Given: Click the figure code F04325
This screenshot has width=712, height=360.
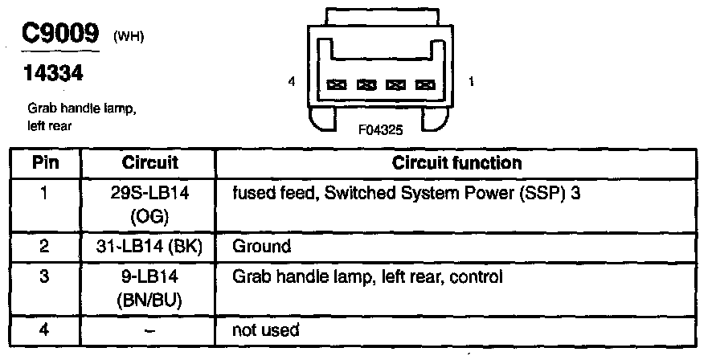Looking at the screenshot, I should pos(380,129).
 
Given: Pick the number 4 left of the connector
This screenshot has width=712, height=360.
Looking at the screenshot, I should pos(292,81).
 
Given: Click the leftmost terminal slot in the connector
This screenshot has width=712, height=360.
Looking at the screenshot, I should pos(338,84).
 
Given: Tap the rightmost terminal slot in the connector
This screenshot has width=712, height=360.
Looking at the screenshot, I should pos(424,84).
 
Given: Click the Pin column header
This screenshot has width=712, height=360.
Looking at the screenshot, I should pos(46,163).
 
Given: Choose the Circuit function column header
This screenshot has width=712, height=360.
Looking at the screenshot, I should pos(456,163).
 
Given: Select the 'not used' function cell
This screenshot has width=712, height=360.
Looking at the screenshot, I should pos(265,329).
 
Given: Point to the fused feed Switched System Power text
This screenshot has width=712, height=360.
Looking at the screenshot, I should pos(406,194).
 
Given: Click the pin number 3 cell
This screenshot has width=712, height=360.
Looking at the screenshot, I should pos(46,278).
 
